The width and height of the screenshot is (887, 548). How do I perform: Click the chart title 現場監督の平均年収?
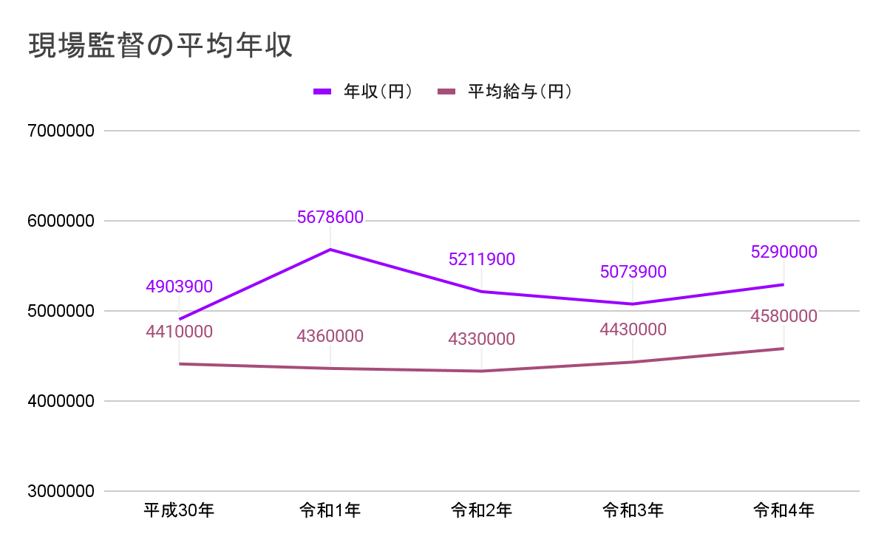point(160,46)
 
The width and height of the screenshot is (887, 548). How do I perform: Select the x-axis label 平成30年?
point(179,510)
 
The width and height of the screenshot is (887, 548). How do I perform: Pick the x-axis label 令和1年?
point(330,510)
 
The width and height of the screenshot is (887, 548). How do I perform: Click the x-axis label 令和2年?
point(481,510)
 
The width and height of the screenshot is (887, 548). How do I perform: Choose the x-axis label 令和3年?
point(632,510)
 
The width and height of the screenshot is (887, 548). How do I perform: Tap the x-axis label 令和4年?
point(784,510)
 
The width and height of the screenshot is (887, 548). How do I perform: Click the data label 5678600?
point(330,217)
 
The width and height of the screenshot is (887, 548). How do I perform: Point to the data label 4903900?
point(179,287)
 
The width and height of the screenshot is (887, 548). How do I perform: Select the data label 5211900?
point(481,259)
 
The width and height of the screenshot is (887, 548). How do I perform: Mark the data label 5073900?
point(633,272)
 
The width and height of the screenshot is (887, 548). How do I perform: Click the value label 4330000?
point(481,339)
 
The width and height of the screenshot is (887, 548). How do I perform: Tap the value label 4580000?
point(784,316)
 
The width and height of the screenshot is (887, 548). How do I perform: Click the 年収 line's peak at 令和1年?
point(330,250)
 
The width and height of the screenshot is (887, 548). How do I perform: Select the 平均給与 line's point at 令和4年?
point(784,349)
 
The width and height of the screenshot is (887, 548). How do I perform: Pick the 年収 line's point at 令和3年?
point(633,304)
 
